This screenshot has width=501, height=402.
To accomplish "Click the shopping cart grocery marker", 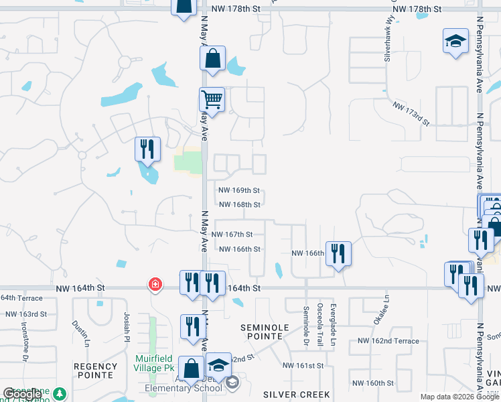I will click(x=212, y=100).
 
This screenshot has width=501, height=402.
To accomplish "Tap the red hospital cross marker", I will click(x=155, y=285).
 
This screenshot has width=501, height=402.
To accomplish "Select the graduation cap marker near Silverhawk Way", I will click(x=455, y=42).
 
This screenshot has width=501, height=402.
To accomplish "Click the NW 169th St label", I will click(x=239, y=191).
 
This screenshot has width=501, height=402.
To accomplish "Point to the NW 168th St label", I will click(x=239, y=204).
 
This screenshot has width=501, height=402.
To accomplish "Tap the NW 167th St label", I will click(x=232, y=234).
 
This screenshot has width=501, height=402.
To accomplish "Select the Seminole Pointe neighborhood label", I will click(x=265, y=332).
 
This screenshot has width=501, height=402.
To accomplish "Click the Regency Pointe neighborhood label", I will click(x=96, y=371).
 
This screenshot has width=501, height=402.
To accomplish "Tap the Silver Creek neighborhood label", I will click(x=289, y=394).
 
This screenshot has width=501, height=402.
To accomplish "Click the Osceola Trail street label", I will click(x=319, y=326).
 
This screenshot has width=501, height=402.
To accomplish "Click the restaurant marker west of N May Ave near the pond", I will click(x=147, y=149).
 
